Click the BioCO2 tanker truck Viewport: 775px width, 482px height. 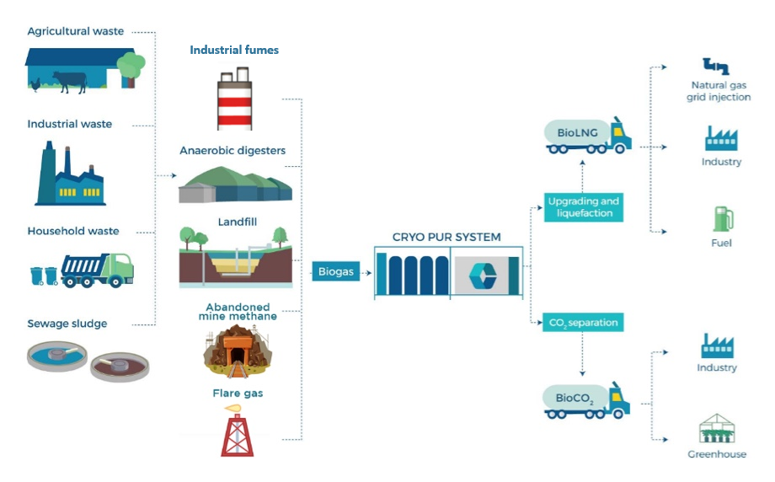[587, 399]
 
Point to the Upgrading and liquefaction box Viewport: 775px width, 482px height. [583, 207]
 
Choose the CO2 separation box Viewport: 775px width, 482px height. [583, 322]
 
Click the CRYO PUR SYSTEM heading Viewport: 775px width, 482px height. [446, 237]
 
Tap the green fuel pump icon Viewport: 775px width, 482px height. [722, 218]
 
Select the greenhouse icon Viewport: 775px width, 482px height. [717, 429]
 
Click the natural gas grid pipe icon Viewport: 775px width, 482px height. [716, 67]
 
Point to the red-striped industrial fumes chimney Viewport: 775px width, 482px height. [235, 101]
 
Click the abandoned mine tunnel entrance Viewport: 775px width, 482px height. [233, 351]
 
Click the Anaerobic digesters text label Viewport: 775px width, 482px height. [232, 151]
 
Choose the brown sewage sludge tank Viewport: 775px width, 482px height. [119, 366]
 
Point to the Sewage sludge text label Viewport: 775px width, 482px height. [67, 324]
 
